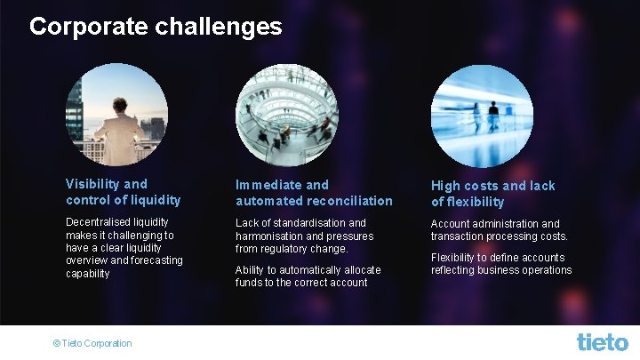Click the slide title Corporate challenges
click(x=156, y=27)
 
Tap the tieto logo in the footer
click(x=602, y=341)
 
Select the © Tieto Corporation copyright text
click(x=92, y=343)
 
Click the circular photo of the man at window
click(x=116, y=115)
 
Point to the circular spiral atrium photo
click(x=285, y=115)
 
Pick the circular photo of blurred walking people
click(x=481, y=116)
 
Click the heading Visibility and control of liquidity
click(x=123, y=192)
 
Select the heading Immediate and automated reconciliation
click(x=313, y=193)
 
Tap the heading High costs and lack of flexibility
click(x=492, y=193)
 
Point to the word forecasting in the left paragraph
click(x=152, y=260)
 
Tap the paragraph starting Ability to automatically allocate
click(x=308, y=276)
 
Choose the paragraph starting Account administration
click(x=499, y=229)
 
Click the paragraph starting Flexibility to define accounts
click(x=501, y=264)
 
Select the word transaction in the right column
click(x=460, y=236)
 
